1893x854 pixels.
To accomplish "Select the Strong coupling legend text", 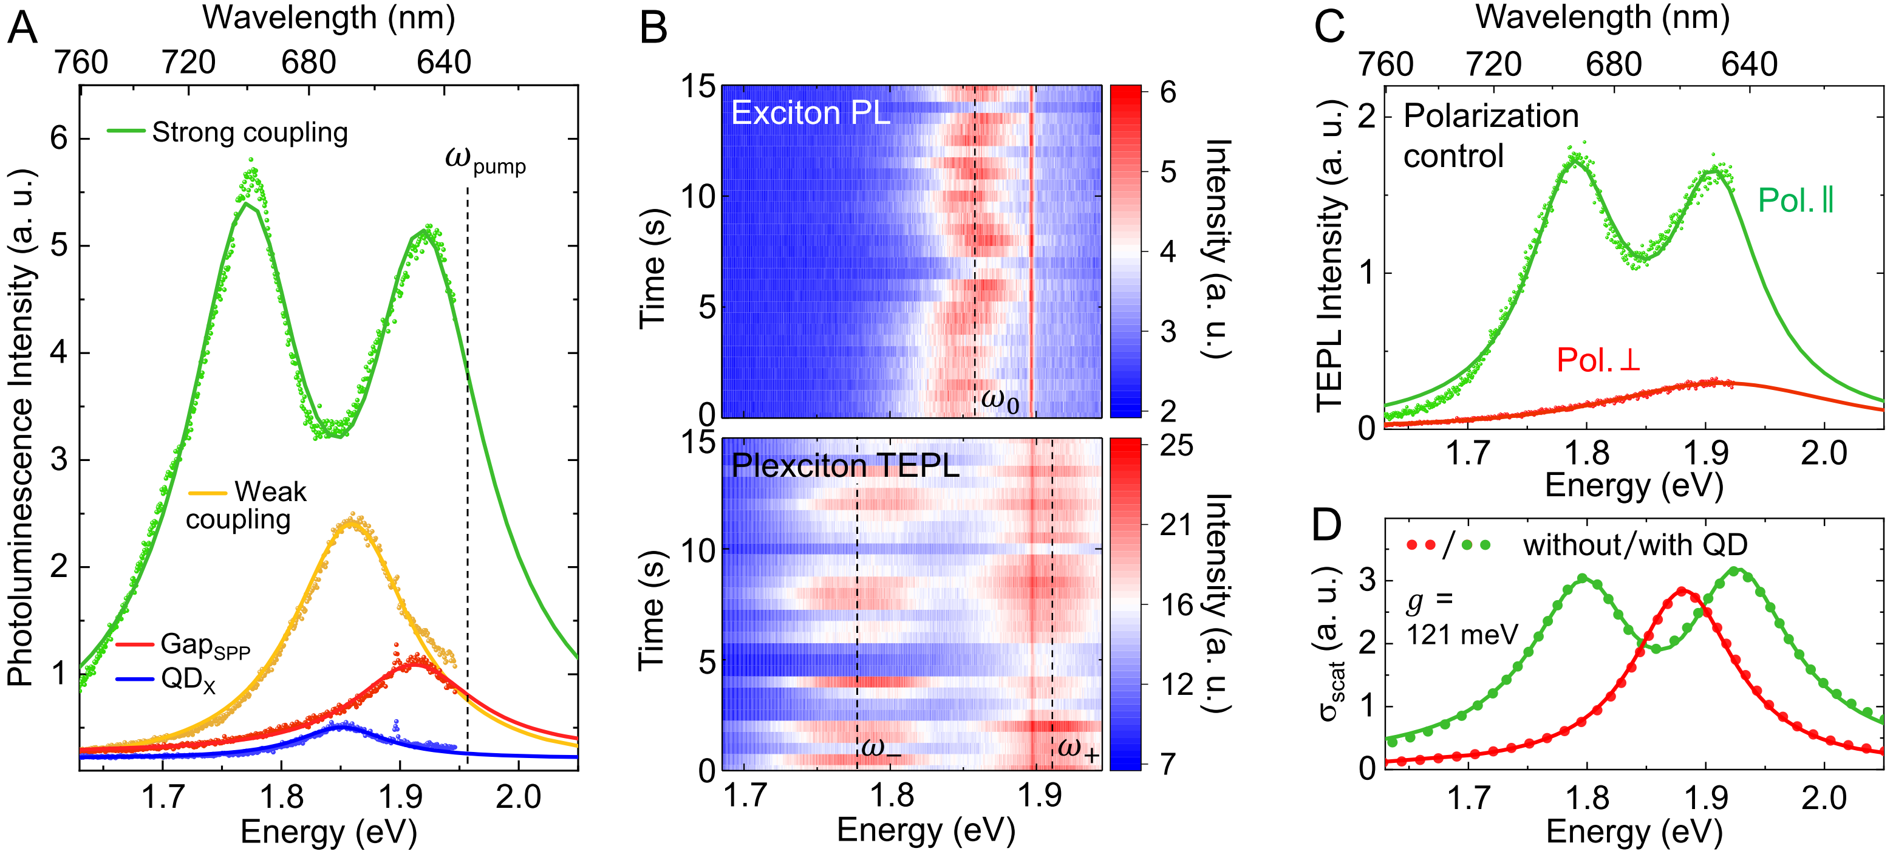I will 250,132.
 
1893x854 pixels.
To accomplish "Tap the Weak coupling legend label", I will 246,505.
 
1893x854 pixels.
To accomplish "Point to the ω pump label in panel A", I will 485,160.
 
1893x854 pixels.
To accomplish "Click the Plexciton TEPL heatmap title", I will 845,466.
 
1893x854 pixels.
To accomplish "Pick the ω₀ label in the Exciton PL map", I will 1000,400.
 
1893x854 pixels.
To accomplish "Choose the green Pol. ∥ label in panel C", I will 1795,200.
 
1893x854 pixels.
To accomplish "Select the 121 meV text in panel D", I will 1462,634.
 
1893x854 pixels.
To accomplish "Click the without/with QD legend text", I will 1634,545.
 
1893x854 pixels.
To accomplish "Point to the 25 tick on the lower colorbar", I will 1176,446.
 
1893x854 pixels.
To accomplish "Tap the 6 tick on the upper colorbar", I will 1168,92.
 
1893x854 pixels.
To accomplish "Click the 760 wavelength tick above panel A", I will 81,63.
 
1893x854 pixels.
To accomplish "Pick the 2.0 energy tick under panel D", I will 1823,798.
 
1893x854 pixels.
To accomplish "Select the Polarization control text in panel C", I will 1490,136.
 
